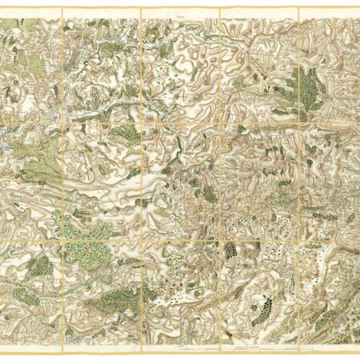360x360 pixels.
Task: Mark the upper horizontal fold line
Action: tap(180, 122)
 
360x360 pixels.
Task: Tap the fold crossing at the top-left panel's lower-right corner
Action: tap(62, 122)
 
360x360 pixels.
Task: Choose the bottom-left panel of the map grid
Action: tap(33, 288)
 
